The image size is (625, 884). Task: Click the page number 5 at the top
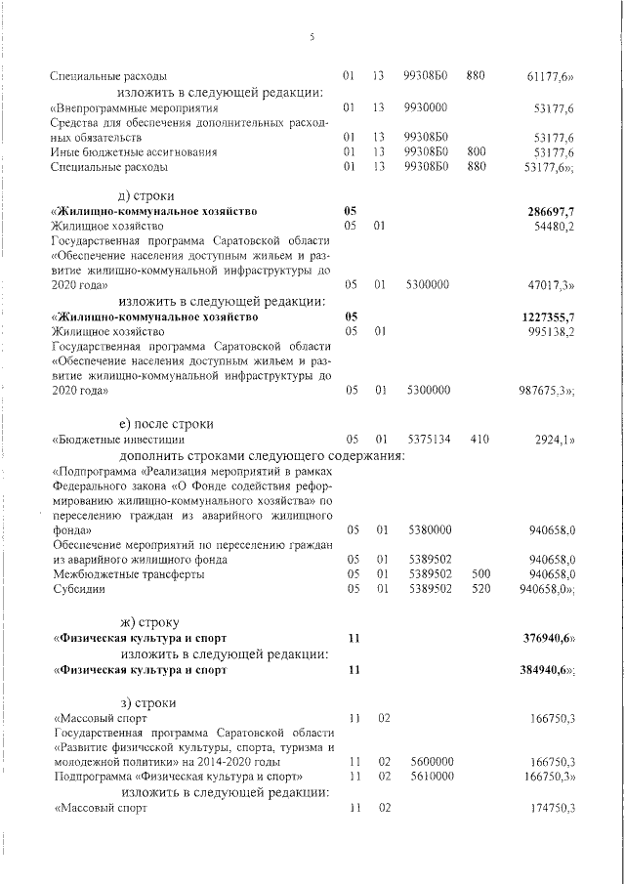point(312,37)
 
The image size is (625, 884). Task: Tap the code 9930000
point(426,106)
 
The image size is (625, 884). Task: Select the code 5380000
point(427,529)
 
